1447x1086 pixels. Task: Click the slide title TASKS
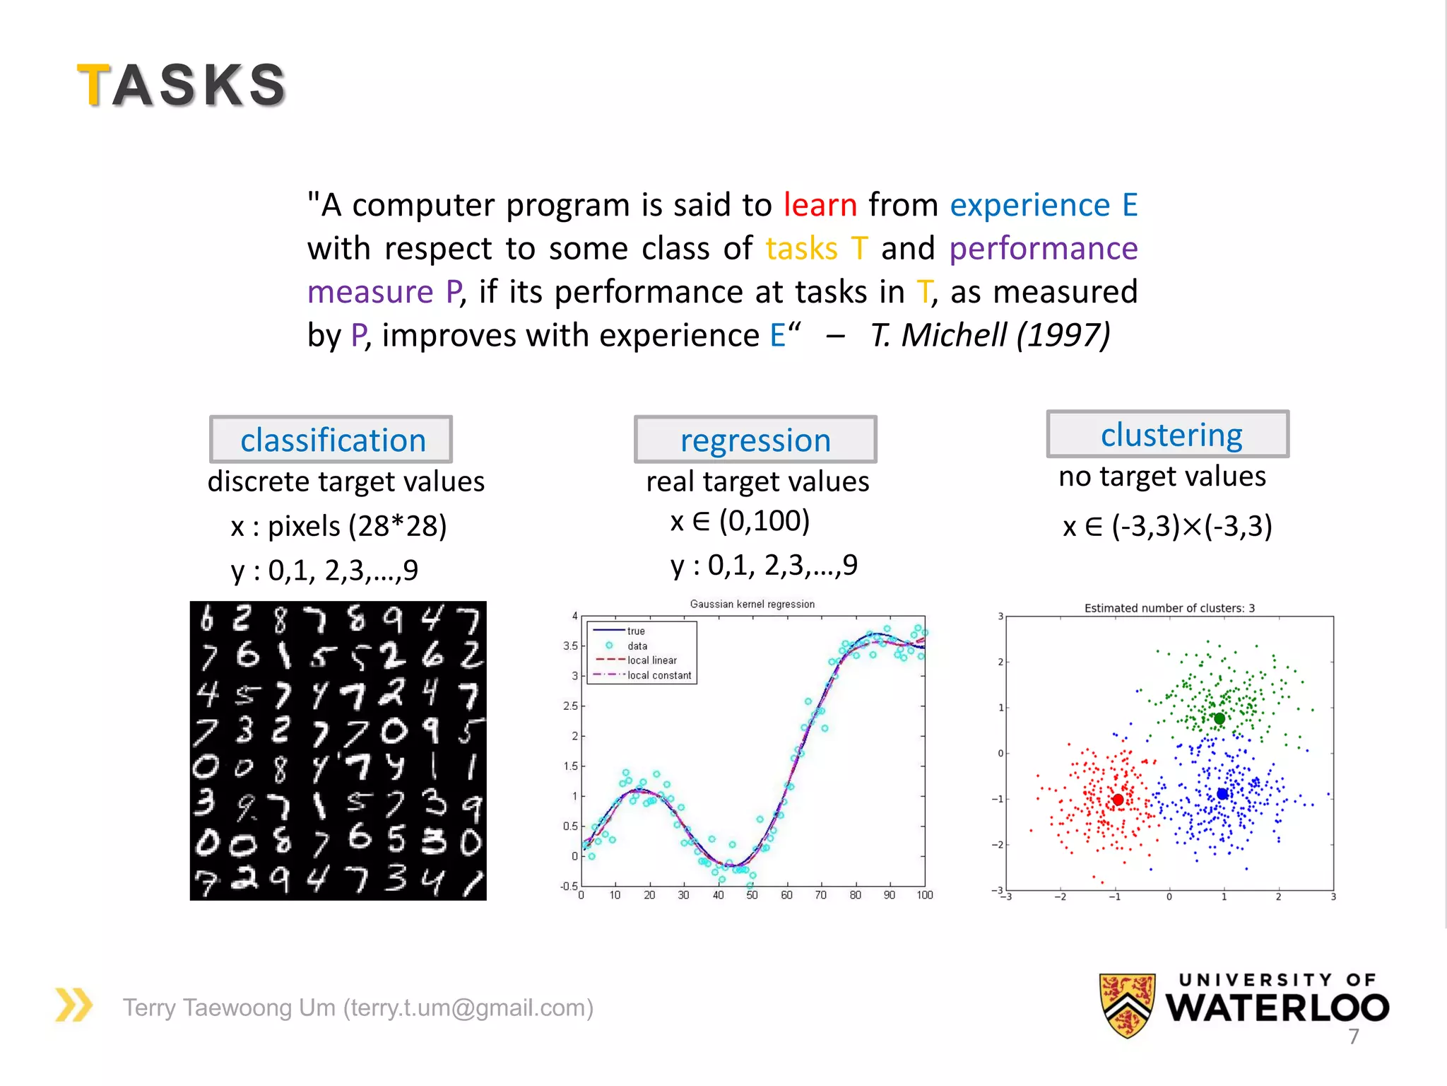(x=182, y=85)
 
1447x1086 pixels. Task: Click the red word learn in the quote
(x=820, y=205)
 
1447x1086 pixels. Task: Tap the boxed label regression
(x=755, y=440)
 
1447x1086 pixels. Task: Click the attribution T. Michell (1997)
(x=990, y=335)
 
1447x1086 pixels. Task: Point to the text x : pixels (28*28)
(x=338, y=526)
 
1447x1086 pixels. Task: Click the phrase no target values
(x=1162, y=477)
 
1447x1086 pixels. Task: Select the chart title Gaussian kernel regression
(x=752, y=604)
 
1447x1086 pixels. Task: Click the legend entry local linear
(x=651, y=660)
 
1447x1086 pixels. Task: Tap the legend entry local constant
(x=658, y=675)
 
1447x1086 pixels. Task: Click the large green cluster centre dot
(x=1219, y=719)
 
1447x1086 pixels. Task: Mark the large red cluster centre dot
(x=1118, y=800)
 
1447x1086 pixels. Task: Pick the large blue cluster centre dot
(x=1222, y=794)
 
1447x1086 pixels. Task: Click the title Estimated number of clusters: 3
(x=1169, y=608)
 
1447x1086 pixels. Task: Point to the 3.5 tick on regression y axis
(x=569, y=646)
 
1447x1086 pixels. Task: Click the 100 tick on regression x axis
(x=924, y=895)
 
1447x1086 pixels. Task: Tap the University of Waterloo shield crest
(x=1127, y=1005)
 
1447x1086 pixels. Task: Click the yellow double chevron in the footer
(x=73, y=1005)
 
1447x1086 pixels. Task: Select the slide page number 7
(x=1353, y=1037)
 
